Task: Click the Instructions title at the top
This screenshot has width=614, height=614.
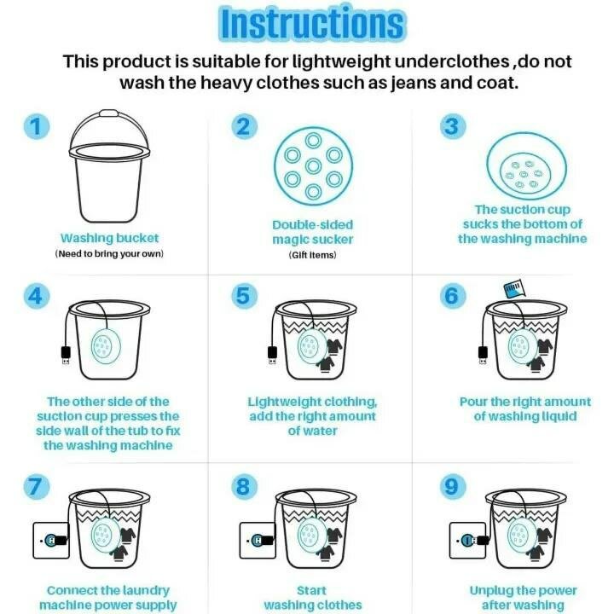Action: tap(310, 24)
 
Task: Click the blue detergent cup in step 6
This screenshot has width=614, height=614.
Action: tap(513, 291)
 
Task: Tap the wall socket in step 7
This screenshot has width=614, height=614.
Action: tap(49, 540)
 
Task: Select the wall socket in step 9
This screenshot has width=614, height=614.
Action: tap(467, 540)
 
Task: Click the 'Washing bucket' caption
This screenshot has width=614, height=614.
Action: tap(109, 239)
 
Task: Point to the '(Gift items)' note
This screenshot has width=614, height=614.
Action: tap(312, 255)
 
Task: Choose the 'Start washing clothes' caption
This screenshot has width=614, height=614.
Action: tap(312, 597)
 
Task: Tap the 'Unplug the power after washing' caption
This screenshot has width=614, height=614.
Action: tap(523, 597)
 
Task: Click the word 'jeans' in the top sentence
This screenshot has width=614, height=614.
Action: tap(391, 84)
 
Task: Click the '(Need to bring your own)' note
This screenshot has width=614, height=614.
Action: tap(109, 254)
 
